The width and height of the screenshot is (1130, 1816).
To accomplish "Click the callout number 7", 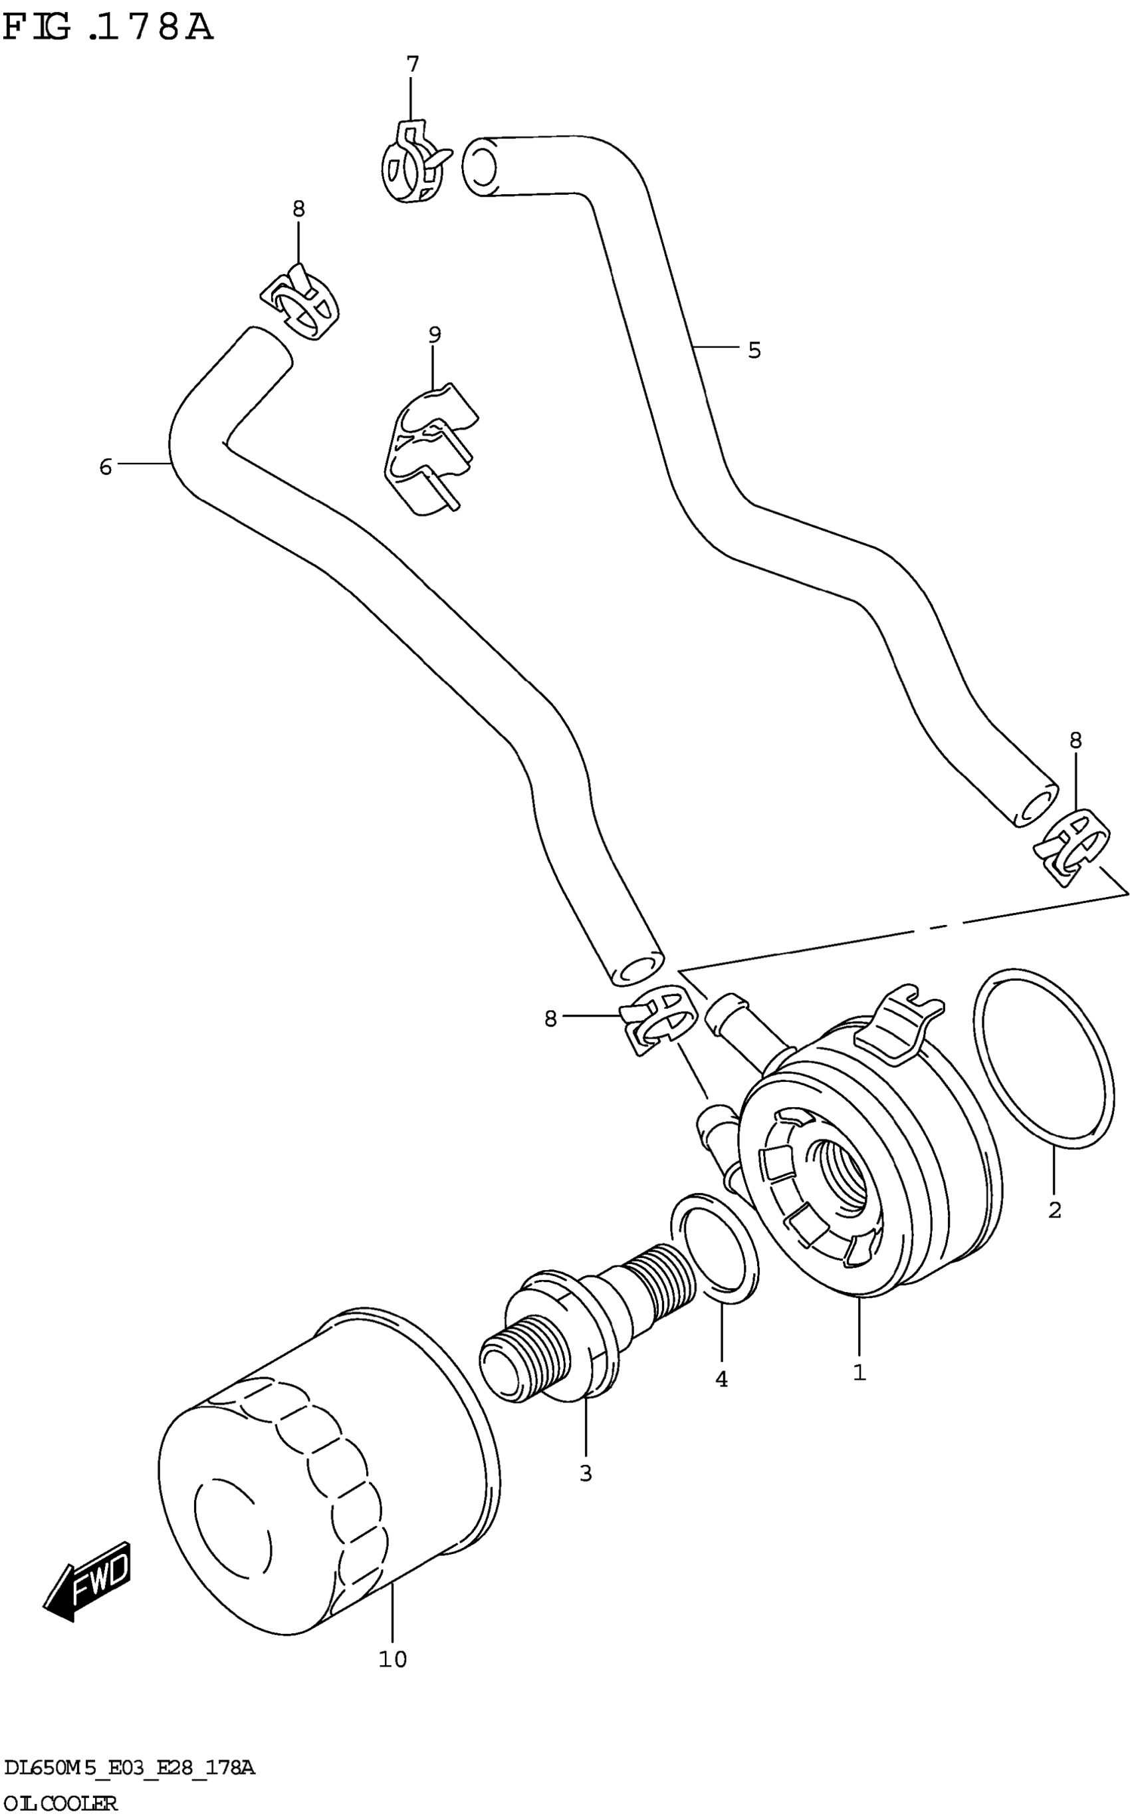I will pyautogui.click(x=413, y=65).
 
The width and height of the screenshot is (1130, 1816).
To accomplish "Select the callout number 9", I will pyautogui.click(x=435, y=335).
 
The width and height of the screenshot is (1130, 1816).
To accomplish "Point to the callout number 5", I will pyautogui.click(x=754, y=350).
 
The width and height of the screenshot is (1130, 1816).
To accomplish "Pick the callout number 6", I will pyautogui.click(x=106, y=467).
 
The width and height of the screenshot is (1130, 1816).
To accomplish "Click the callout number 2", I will pyautogui.click(x=1054, y=1210).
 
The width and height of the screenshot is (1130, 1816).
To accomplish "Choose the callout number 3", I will pyautogui.click(x=585, y=1474).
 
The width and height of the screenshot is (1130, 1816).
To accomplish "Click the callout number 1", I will pyautogui.click(x=859, y=1372).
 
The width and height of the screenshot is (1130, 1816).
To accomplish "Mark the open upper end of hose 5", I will pyautogui.click(x=480, y=166).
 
